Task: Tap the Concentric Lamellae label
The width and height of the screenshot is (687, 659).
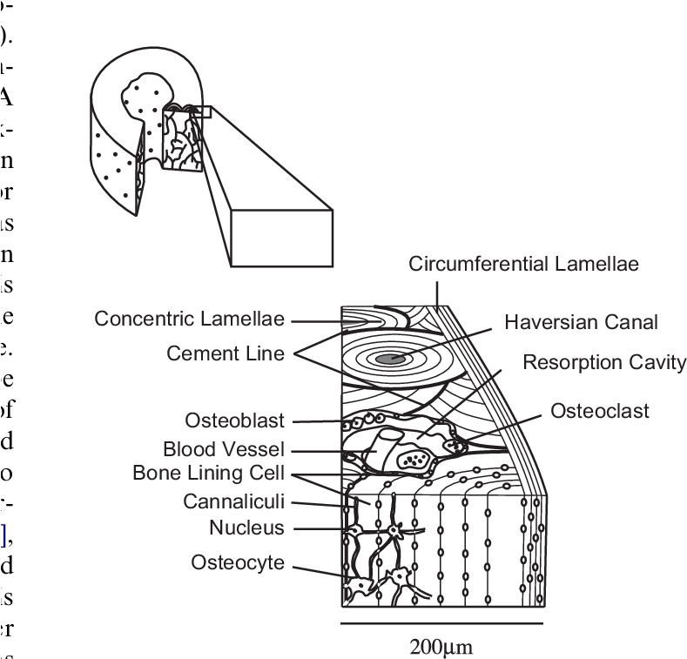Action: [189, 319]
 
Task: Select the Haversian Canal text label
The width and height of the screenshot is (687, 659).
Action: [581, 323]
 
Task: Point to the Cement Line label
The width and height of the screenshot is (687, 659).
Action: [225, 354]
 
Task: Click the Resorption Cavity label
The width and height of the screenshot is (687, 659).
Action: [603, 363]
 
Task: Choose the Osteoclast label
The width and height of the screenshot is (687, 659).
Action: [599, 411]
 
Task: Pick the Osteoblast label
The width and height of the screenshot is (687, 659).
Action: [234, 421]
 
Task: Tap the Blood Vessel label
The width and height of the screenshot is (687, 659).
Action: [224, 450]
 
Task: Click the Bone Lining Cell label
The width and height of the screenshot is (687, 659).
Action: [208, 474]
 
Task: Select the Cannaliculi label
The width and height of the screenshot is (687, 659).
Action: [233, 502]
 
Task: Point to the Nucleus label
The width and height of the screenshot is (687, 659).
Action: [246, 528]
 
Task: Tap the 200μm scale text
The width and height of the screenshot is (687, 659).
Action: [441, 647]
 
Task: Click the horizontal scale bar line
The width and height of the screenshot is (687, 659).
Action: [441, 623]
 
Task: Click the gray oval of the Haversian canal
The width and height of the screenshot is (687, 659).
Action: [384, 358]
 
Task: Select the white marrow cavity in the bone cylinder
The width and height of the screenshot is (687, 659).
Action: [145, 95]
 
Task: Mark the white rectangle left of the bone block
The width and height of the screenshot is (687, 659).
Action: [327, 360]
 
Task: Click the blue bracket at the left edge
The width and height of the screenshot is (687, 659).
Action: [3, 536]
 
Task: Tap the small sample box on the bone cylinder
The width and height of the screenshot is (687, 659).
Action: [201, 111]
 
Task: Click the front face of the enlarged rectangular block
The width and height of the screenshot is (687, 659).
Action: [281, 238]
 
